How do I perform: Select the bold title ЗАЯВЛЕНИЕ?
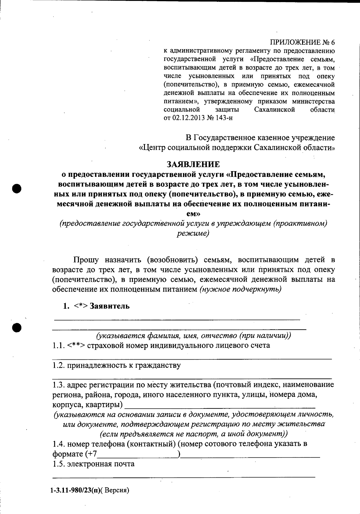pyautogui.click(x=193, y=164)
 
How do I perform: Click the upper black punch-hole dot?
pyautogui.click(x=17, y=188)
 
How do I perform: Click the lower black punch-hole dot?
pyautogui.click(x=17, y=327)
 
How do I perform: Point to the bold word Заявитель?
pyautogui.click(x=110, y=306)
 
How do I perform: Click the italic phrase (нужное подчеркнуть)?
pyautogui.click(x=240, y=290)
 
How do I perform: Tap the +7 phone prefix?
pyautogui.click(x=91, y=454)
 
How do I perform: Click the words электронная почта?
pyautogui.click(x=101, y=464)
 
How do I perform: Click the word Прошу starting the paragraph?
pyautogui.click(x=85, y=260)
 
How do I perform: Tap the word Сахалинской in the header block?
pyautogui.click(x=274, y=110)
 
